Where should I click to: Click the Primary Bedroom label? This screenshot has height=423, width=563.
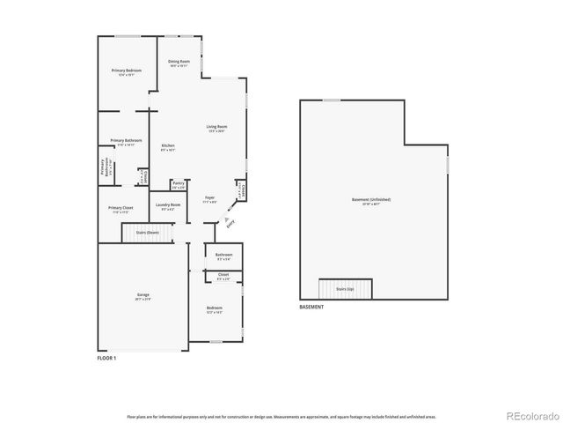pos(127,70)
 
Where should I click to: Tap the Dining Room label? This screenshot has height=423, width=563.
pos(179,63)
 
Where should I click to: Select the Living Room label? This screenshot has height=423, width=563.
pos(216,129)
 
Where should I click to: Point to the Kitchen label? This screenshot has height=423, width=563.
pos(167,146)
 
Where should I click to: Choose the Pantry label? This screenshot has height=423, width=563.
pos(179,184)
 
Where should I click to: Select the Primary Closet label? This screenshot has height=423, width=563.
pos(121,209)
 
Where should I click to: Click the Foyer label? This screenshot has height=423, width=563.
pos(209,199)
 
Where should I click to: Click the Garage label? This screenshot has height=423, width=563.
pos(143,295)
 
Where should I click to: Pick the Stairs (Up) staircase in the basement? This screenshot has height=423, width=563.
pos(345,289)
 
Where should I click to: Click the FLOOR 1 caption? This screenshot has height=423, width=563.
pos(106,358)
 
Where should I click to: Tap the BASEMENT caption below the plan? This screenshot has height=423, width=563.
pos(311,307)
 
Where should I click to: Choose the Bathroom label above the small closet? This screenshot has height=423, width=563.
pos(223,256)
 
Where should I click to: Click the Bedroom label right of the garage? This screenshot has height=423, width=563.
pos(214,308)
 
